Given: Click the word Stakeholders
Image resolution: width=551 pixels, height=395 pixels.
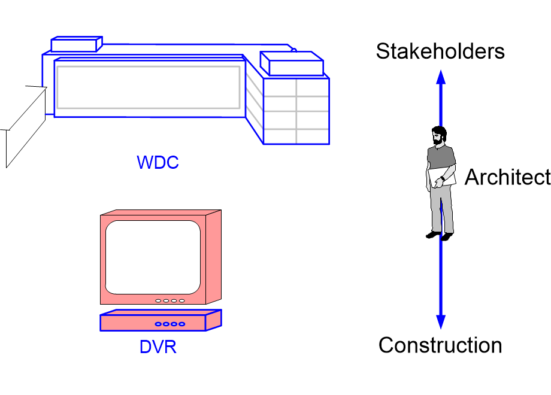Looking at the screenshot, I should pyautogui.click(x=440, y=51).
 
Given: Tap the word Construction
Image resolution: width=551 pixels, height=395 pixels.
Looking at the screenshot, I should pyautogui.click(x=440, y=345).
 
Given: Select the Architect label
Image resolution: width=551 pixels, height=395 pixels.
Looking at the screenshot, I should pyautogui.click(x=507, y=178).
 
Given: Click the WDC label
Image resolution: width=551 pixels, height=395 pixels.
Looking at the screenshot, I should pyautogui.click(x=158, y=163).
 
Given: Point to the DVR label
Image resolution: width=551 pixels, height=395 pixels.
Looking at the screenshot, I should pyautogui.click(x=158, y=347).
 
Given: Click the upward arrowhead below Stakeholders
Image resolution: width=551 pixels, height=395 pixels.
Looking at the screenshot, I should pyautogui.click(x=440, y=78).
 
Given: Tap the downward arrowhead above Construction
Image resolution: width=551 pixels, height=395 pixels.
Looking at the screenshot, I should pyautogui.click(x=440, y=321).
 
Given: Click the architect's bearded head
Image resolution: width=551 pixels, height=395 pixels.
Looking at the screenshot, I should pyautogui.click(x=438, y=136).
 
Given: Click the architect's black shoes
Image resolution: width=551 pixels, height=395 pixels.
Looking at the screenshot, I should pyautogui.click(x=440, y=235).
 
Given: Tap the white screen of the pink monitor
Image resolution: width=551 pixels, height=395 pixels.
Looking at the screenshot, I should pyautogui.click(x=153, y=257).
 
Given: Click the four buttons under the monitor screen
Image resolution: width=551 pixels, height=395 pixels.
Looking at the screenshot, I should pyautogui.click(x=170, y=300).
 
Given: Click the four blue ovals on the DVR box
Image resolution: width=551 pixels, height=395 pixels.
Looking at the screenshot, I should pyautogui.click(x=170, y=324).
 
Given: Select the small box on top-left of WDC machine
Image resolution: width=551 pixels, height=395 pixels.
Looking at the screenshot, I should pyautogui.click(x=76, y=44).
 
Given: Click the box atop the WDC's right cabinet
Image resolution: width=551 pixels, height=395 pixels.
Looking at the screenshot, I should pyautogui.click(x=292, y=63).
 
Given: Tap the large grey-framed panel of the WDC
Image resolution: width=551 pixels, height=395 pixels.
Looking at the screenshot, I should pyautogui.click(x=148, y=87).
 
